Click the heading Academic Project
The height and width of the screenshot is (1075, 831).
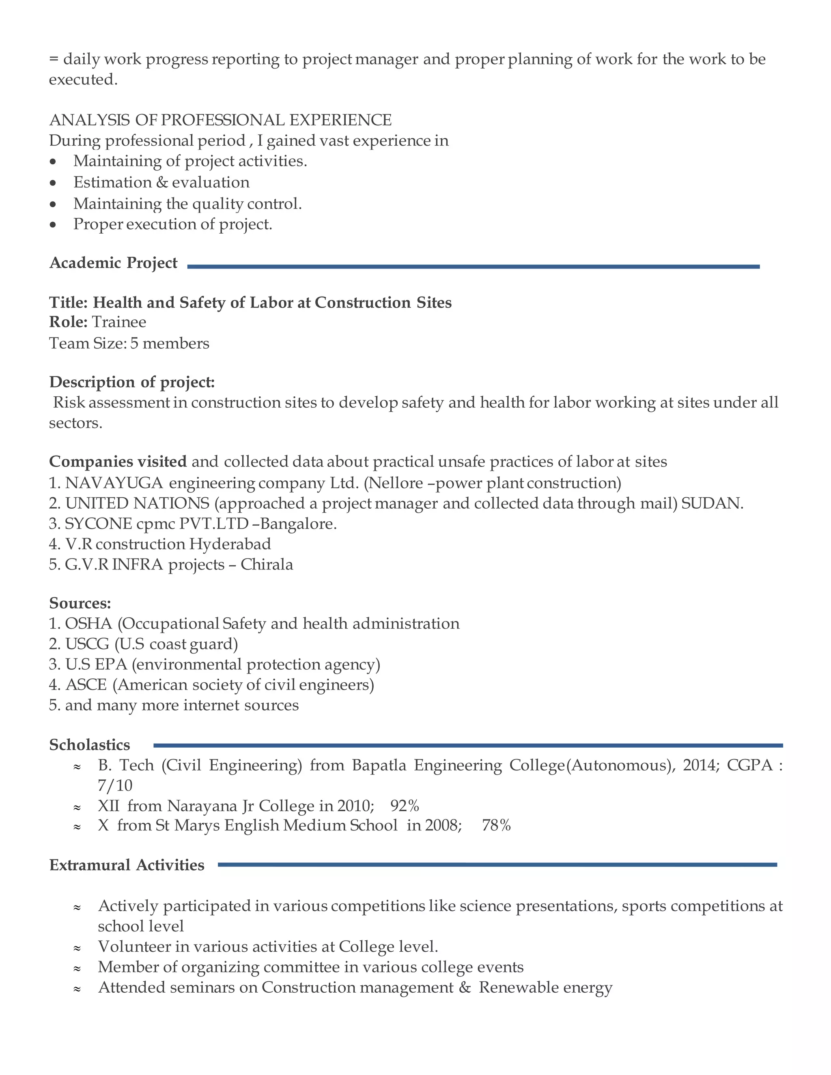point(113,263)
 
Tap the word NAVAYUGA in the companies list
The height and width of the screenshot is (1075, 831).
point(114,483)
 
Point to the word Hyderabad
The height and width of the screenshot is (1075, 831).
point(230,544)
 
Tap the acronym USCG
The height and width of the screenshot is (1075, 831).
point(87,644)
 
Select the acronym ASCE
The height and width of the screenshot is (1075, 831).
point(86,685)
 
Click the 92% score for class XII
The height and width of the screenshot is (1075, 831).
point(405,806)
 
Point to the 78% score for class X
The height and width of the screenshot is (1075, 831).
point(496,826)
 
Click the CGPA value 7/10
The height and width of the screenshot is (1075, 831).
point(115,786)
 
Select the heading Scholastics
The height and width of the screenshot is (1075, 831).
point(90,745)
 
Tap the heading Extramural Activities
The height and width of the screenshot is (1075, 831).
point(127,865)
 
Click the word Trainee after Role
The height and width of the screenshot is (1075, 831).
point(119,322)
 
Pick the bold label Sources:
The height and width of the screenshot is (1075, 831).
point(80,604)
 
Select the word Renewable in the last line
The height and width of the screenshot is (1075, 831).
point(519,988)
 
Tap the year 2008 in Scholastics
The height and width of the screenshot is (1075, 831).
point(442,826)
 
